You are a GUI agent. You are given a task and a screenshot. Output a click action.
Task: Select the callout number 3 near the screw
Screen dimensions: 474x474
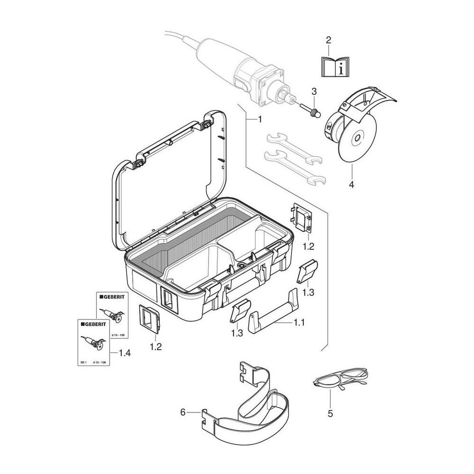pos(313,91)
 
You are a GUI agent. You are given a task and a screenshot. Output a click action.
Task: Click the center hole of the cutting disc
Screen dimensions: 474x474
pos(355,140)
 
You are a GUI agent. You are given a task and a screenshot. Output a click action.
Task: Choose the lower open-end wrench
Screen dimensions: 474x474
pos(294,166)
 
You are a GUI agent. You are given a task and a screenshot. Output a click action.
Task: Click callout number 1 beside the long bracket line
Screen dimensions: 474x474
pos(259,120)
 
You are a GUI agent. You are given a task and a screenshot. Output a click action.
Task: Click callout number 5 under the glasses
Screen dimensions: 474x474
pos(330,414)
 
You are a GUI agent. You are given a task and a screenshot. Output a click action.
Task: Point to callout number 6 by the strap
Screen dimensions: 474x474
pos(183,412)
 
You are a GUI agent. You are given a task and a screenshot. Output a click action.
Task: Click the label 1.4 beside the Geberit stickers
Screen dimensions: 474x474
pos(126,353)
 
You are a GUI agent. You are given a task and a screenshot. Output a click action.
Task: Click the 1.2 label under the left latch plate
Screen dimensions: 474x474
pos(156,346)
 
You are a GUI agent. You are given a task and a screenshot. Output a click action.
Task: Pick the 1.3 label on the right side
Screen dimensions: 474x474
pos(308,293)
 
